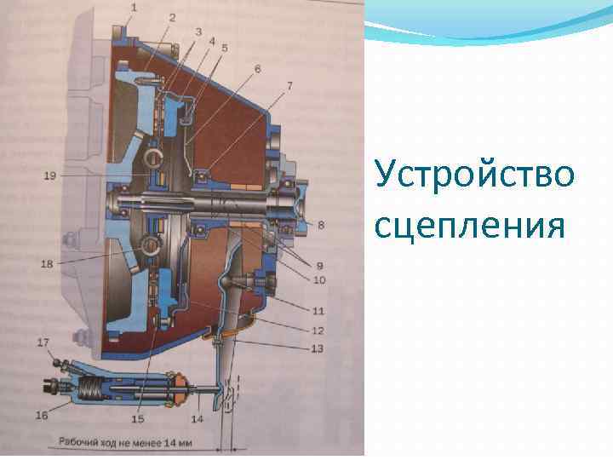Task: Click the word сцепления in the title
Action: tap(469, 226)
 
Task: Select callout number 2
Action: tap(172, 17)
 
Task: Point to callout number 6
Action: tap(256, 67)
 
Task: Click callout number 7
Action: tap(289, 86)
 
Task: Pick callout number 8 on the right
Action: tap(321, 225)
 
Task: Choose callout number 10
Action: tap(318, 280)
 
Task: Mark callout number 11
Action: tap(318, 312)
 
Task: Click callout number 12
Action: tap(318, 330)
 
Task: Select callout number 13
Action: tap(318, 348)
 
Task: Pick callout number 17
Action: tap(41, 342)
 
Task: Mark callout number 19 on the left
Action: tap(49, 176)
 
